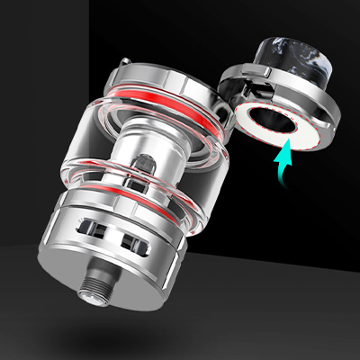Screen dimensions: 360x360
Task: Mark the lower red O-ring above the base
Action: [x=135, y=202]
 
